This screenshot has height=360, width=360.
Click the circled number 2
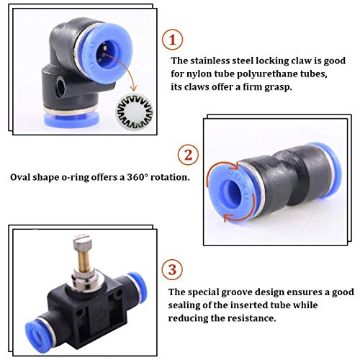pos(187,155)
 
